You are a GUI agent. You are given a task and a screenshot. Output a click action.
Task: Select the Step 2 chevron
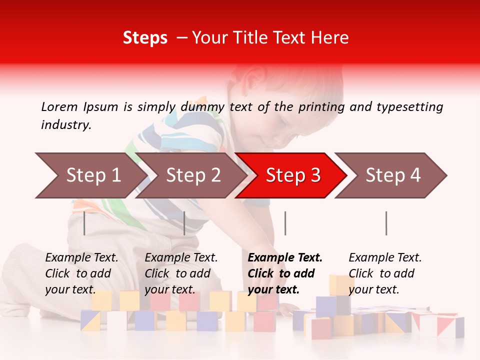click(x=192, y=175)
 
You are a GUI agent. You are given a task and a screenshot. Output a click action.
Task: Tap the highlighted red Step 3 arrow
click(x=292, y=175)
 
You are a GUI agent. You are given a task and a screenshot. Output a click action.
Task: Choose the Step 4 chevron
click(x=392, y=175)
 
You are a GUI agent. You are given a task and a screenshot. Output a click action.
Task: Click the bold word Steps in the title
click(x=145, y=37)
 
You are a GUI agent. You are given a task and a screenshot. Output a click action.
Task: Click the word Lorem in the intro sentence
click(x=59, y=106)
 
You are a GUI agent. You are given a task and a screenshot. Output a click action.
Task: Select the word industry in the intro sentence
click(x=65, y=125)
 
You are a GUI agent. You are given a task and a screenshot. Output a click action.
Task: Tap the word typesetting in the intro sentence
click(x=409, y=107)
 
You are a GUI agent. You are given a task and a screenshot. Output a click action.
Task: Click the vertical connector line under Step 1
click(x=84, y=223)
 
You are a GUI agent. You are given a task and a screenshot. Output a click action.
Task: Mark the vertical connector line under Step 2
click(x=184, y=223)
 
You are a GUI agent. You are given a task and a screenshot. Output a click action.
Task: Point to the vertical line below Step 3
click(x=285, y=223)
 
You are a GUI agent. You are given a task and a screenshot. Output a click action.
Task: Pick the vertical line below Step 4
click(x=386, y=223)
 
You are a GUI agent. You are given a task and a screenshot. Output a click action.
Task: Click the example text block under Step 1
click(x=81, y=273)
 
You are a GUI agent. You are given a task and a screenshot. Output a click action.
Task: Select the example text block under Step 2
click(x=181, y=273)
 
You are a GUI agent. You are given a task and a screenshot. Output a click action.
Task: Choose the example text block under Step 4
click(x=385, y=273)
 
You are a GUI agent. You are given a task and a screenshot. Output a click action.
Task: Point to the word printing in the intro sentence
click(x=321, y=107)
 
